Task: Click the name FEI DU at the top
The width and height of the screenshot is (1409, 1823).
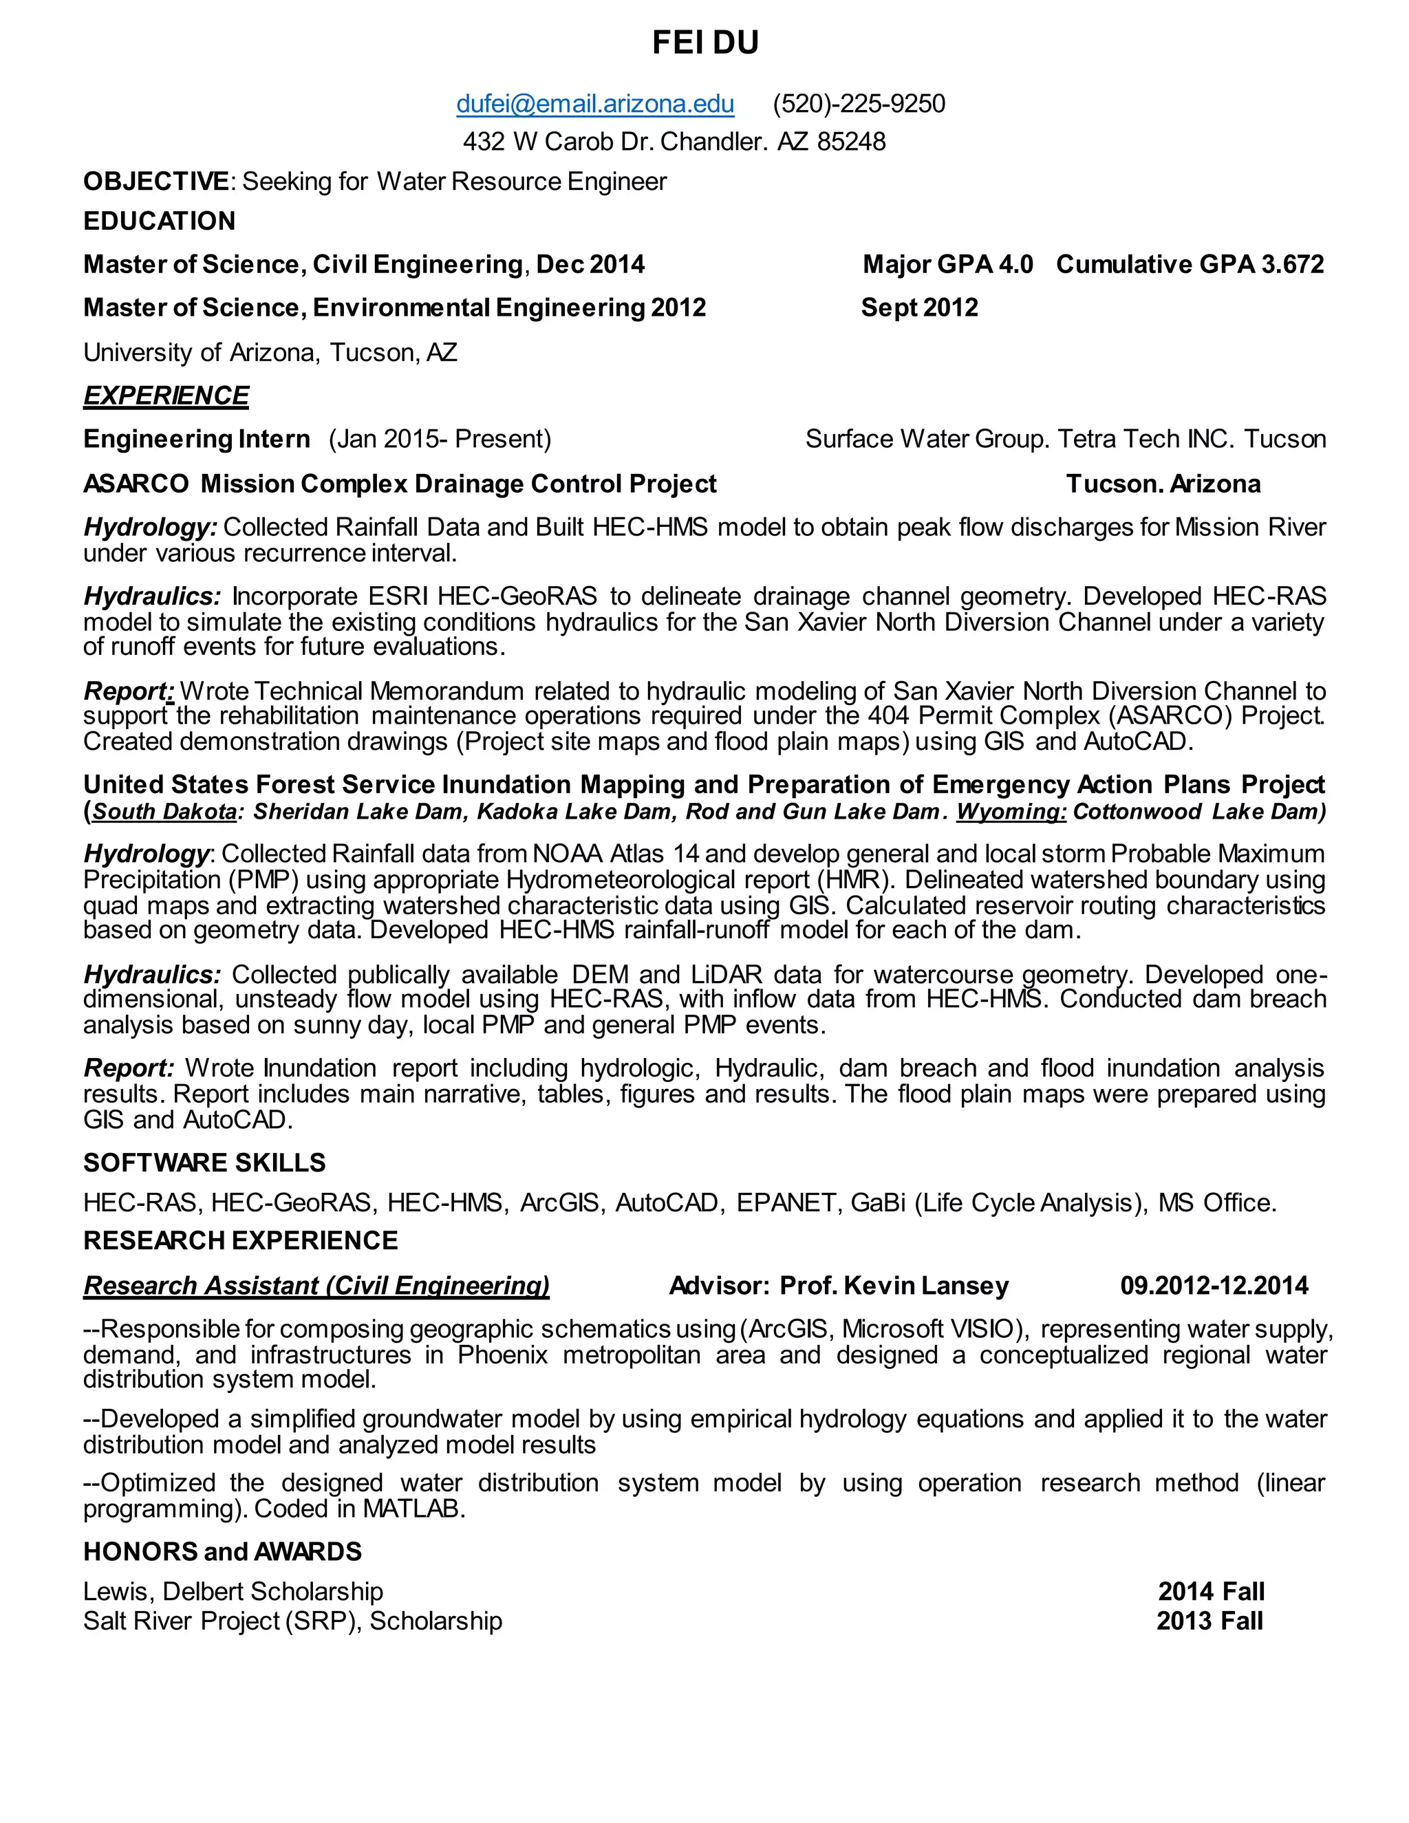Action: [x=704, y=43]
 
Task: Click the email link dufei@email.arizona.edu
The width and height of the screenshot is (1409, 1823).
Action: [x=594, y=105]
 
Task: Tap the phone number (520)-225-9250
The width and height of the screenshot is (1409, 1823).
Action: [x=858, y=105]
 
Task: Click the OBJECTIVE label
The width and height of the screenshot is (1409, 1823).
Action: [x=155, y=182]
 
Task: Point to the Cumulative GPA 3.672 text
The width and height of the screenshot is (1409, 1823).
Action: [x=1190, y=265]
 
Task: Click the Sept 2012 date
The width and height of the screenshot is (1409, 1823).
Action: [x=919, y=308]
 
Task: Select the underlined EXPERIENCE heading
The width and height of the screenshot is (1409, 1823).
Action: [x=165, y=396]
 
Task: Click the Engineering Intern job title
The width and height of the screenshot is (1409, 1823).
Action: [x=196, y=439]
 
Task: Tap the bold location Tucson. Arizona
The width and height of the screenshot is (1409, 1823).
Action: [x=1163, y=484]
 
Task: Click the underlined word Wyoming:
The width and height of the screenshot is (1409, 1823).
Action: [x=1011, y=812]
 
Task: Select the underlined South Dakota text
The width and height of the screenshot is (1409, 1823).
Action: [x=164, y=812]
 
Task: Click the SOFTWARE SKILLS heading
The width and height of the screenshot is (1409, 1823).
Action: [x=204, y=1163]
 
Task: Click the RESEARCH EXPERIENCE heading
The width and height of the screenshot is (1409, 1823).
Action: [x=240, y=1241]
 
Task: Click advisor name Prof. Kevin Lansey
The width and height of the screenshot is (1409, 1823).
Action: [x=893, y=1286]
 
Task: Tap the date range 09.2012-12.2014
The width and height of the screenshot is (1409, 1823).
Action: [x=1214, y=1286]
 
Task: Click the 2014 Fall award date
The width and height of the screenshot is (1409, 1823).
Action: [x=1210, y=1592]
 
